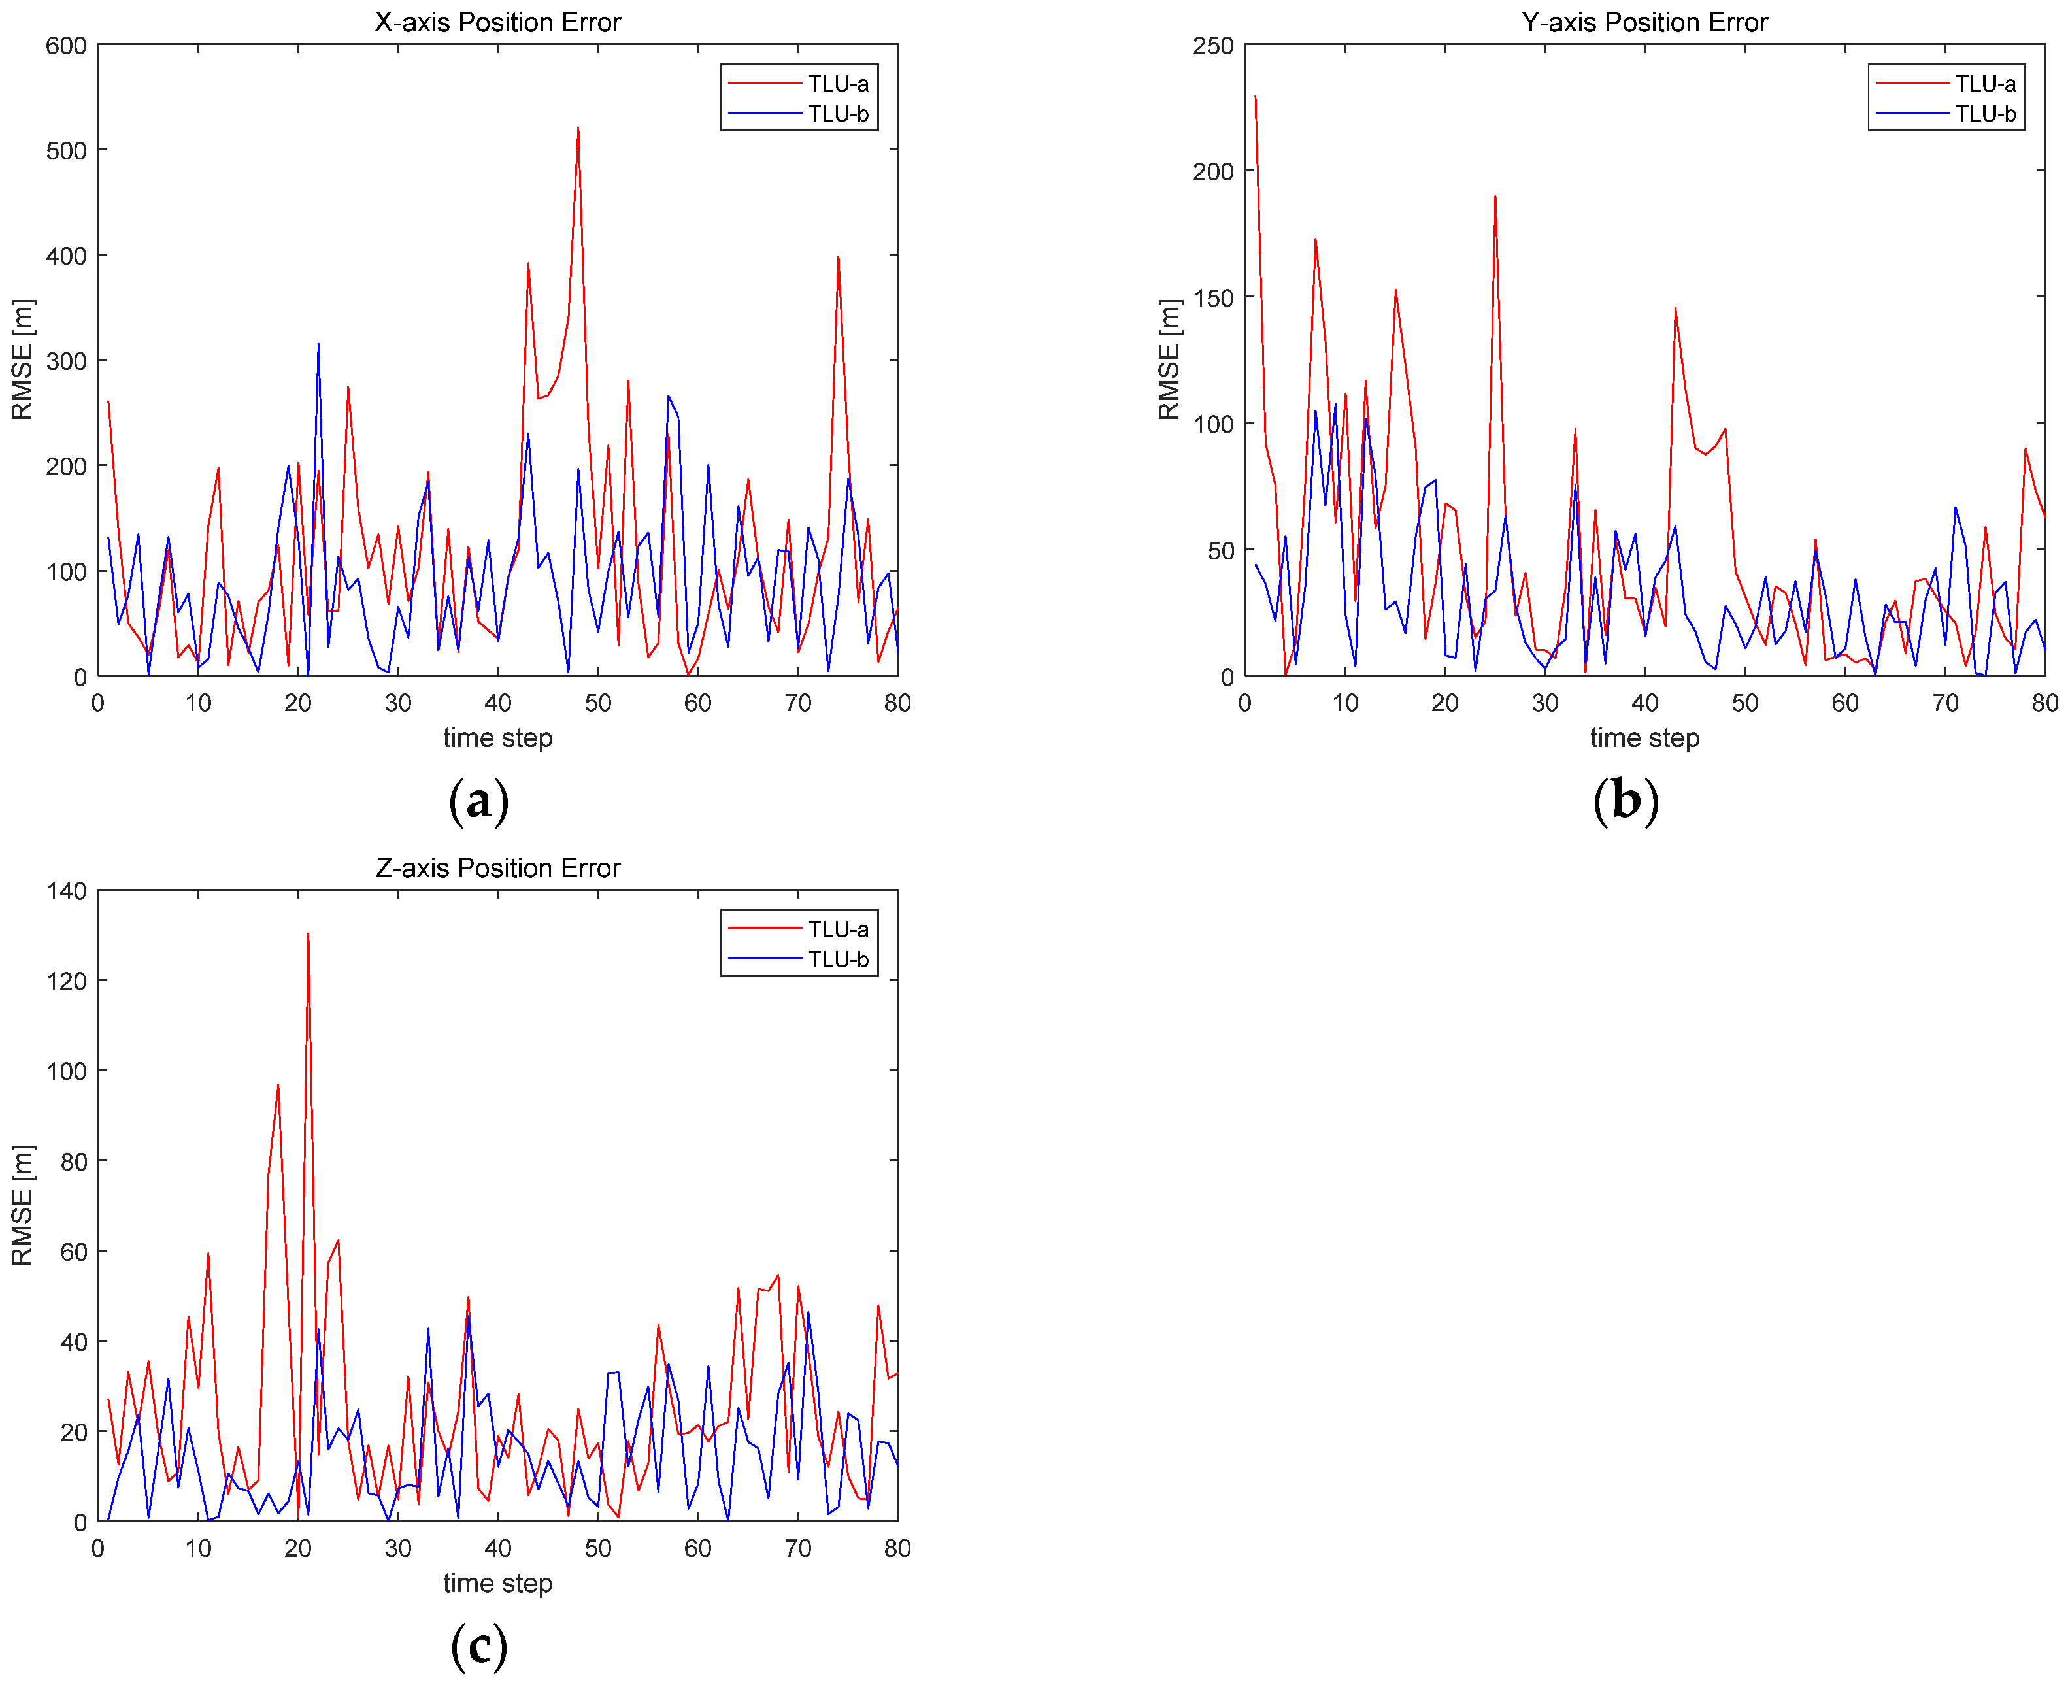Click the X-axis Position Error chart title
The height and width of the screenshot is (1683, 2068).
click(497, 22)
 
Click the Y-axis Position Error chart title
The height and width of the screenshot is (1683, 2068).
click(1644, 22)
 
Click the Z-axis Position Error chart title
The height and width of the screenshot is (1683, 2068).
click(497, 868)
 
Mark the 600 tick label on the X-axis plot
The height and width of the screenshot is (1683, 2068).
click(66, 46)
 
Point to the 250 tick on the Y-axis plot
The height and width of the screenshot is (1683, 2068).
click(1213, 46)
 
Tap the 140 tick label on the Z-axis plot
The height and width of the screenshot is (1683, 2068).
click(66, 891)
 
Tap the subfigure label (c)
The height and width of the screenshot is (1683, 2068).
click(479, 1646)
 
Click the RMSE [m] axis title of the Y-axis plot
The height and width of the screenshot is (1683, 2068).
click(1169, 359)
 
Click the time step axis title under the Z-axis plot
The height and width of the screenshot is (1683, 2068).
click(497, 1583)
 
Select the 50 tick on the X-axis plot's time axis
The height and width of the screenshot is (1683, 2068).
click(598, 703)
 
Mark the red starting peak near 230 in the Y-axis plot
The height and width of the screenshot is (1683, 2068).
click(1256, 97)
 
